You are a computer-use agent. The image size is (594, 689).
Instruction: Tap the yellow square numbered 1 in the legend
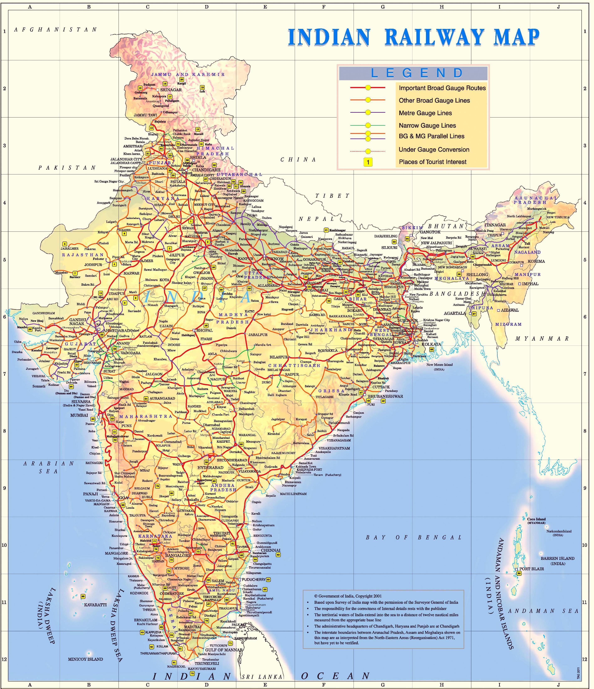(x=368, y=162)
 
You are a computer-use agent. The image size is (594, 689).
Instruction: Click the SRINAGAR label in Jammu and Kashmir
(x=171, y=90)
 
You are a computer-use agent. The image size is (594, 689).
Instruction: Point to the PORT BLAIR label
(x=531, y=569)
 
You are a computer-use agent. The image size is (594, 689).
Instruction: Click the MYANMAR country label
(x=542, y=338)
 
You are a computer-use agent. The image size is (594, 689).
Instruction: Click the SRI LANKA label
(x=262, y=677)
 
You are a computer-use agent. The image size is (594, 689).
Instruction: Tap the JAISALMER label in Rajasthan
(x=69, y=248)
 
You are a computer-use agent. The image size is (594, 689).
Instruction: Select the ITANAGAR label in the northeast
(x=495, y=225)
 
